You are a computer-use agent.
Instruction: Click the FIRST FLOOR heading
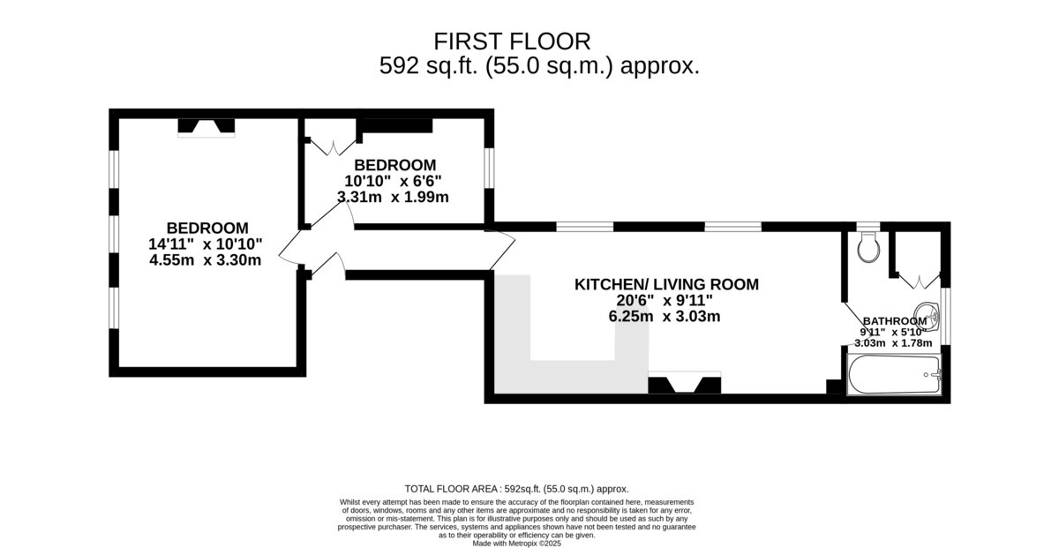[x=512, y=41]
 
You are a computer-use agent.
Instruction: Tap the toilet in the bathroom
[x=868, y=247]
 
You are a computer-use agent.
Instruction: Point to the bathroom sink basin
[x=927, y=317]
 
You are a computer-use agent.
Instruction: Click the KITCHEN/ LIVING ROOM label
[x=666, y=284]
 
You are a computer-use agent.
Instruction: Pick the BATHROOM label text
[x=895, y=321]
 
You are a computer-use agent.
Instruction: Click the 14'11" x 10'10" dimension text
[x=205, y=244]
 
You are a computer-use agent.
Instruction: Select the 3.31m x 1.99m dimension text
[x=393, y=197]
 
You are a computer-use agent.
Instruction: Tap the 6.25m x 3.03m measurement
[x=665, y=316]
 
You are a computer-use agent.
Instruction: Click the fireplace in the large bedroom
[x=207, y=128]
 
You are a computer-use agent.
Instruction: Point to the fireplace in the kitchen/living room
[x=685, y=382]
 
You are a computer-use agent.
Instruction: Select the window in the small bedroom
[x=489, y=168]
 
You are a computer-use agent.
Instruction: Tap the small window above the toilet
[x=868, y=227]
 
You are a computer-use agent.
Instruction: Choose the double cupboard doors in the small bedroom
[x=333, y=147]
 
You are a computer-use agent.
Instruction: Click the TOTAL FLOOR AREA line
[x=517, y=489]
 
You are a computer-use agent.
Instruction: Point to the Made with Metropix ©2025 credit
[x=517, y=544]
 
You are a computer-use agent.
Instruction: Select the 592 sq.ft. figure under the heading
[x=428, y=65]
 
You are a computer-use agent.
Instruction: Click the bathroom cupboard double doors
[x=919, y=282]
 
